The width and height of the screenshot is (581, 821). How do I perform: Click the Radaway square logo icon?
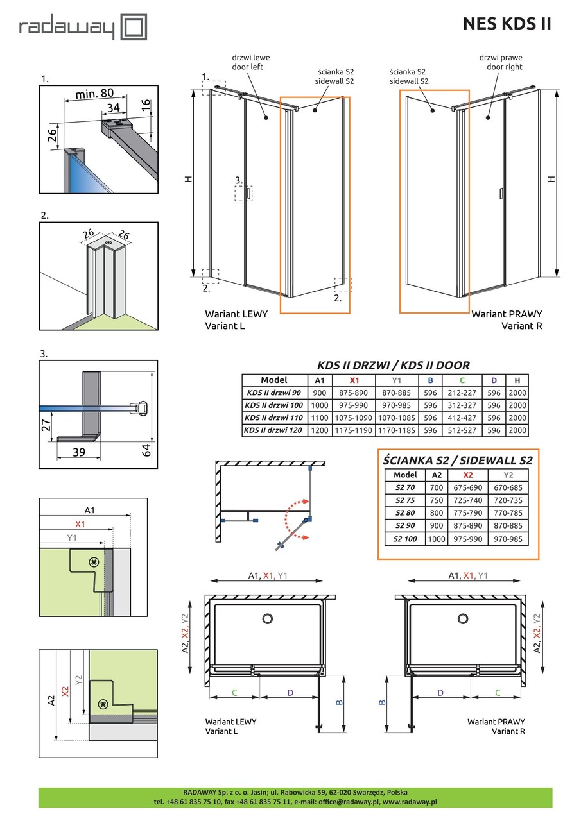(135, 27)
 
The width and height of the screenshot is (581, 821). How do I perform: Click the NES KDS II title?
(507, 24)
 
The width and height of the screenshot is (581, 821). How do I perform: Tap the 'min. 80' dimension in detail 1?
(95, 93)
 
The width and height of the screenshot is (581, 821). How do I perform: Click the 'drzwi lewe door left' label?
(248, 62)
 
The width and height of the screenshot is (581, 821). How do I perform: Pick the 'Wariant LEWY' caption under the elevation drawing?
(236, 314)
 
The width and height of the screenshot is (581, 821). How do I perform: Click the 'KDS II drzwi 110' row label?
(273, 418)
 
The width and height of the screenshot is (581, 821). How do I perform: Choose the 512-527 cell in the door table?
(462, 430)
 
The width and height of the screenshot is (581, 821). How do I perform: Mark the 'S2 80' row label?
(405, 513)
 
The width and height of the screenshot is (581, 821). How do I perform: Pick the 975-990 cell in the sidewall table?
(467, 539)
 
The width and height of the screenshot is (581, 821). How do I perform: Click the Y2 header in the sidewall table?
(508, 475)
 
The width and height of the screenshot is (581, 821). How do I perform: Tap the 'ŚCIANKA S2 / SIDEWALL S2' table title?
(457, 459)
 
